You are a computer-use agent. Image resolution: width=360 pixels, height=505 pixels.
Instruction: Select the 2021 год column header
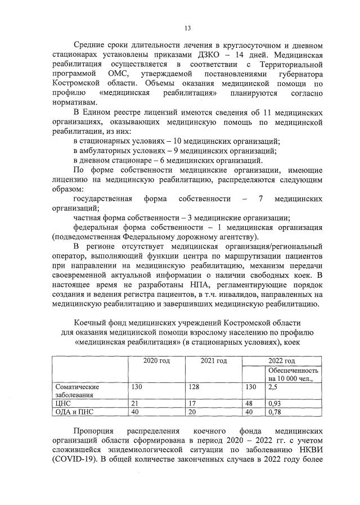click(213, 360)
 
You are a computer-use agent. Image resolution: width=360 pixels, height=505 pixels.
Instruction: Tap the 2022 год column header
click(281, 360)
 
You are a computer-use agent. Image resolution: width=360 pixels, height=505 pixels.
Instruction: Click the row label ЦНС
click(60, 403)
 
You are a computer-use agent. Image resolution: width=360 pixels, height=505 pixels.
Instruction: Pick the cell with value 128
click(194, 387)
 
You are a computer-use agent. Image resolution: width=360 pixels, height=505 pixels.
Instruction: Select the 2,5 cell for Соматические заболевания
click(273, 387)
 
